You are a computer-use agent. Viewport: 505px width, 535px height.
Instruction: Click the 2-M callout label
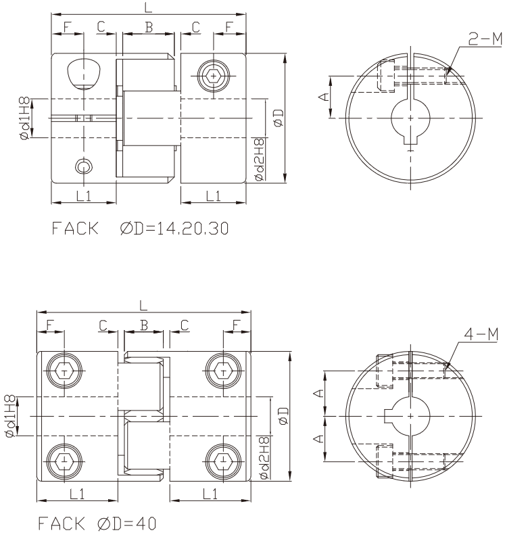485,39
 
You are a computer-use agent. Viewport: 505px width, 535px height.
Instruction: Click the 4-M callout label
481,334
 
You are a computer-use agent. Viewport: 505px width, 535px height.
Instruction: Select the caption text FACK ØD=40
97,523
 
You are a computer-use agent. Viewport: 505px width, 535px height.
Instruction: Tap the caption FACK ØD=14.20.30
140,228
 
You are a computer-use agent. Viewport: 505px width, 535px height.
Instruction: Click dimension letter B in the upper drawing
149,27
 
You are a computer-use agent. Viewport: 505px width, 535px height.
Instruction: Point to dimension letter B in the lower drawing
144,325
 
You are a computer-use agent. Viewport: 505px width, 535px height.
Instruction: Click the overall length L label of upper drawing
148,7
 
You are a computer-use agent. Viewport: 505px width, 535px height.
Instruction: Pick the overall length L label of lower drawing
143,305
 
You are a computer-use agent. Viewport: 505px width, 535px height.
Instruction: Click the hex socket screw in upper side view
214,76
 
